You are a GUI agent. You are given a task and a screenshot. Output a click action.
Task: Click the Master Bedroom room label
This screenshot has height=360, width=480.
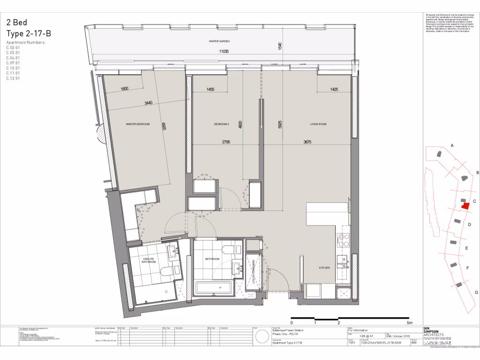pos(138,124)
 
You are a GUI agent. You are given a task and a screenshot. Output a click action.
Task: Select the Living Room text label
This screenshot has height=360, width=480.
pos(318,124)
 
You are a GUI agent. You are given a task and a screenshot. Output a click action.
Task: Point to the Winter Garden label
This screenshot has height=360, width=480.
pos(219,42)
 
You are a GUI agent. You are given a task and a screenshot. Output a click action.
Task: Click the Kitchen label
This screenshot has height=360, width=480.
pos(324,268)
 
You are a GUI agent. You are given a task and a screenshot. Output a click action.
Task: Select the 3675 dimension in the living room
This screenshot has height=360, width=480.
pos(307,142)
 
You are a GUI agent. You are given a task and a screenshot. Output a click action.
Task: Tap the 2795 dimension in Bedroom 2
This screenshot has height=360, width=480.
pos(221,142)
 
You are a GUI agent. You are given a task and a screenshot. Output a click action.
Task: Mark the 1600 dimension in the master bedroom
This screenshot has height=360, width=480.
pos(124,89)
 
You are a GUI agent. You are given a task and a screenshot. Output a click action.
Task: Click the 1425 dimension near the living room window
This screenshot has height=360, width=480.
pos(334,89)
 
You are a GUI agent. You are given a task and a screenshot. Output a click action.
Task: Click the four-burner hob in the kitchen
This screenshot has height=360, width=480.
pos(343,240)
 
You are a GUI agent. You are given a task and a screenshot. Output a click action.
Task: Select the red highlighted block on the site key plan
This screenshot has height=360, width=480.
pos(465,205)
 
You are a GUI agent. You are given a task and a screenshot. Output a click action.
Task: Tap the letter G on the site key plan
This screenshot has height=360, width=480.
pos(477,292)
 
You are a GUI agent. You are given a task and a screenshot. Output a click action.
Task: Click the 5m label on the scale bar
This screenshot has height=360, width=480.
pos(409,323)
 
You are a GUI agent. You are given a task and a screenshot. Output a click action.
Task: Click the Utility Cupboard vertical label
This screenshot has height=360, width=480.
pos(254,272)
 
